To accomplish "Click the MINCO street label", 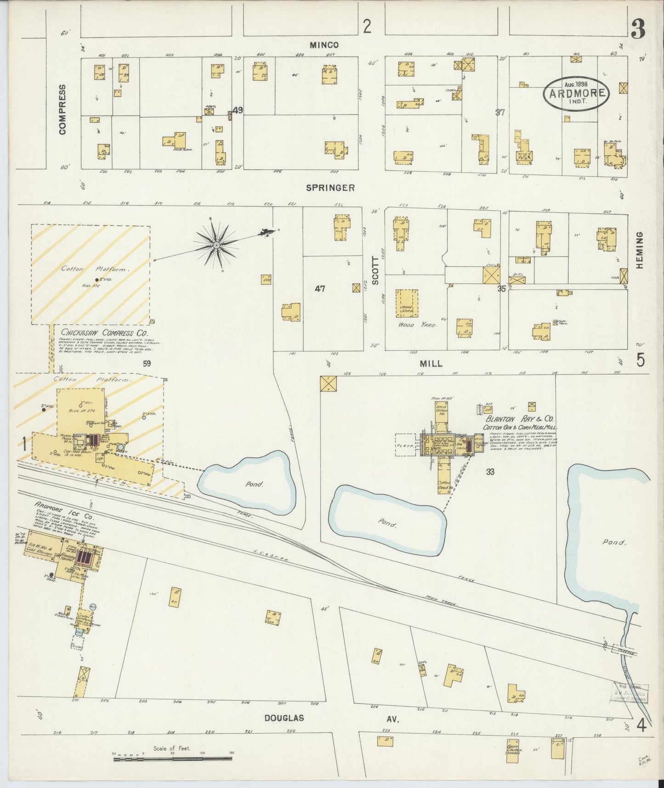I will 324,45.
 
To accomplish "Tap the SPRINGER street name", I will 330,188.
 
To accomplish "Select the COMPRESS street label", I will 63,109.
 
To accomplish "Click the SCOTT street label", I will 375,271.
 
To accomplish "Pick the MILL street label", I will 431,364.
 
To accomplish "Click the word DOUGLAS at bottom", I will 284,718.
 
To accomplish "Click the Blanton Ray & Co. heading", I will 519,419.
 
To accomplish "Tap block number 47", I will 320,289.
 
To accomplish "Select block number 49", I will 237,110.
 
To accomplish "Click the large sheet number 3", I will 638,30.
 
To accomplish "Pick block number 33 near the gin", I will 490,472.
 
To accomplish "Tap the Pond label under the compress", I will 254,484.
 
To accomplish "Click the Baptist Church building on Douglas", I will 513,749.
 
